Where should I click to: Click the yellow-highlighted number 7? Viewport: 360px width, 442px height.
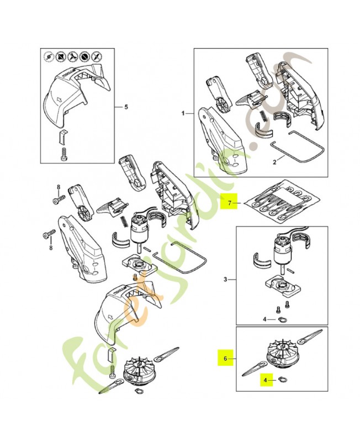[x=229, y=203]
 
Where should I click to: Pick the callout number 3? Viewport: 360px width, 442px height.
[x=225, y=280]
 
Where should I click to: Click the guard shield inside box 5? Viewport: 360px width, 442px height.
[x=72, y=91]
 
